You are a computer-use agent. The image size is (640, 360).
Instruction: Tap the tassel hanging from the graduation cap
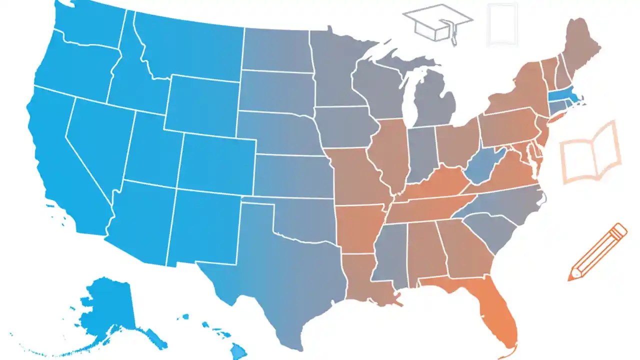pos(453,35)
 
